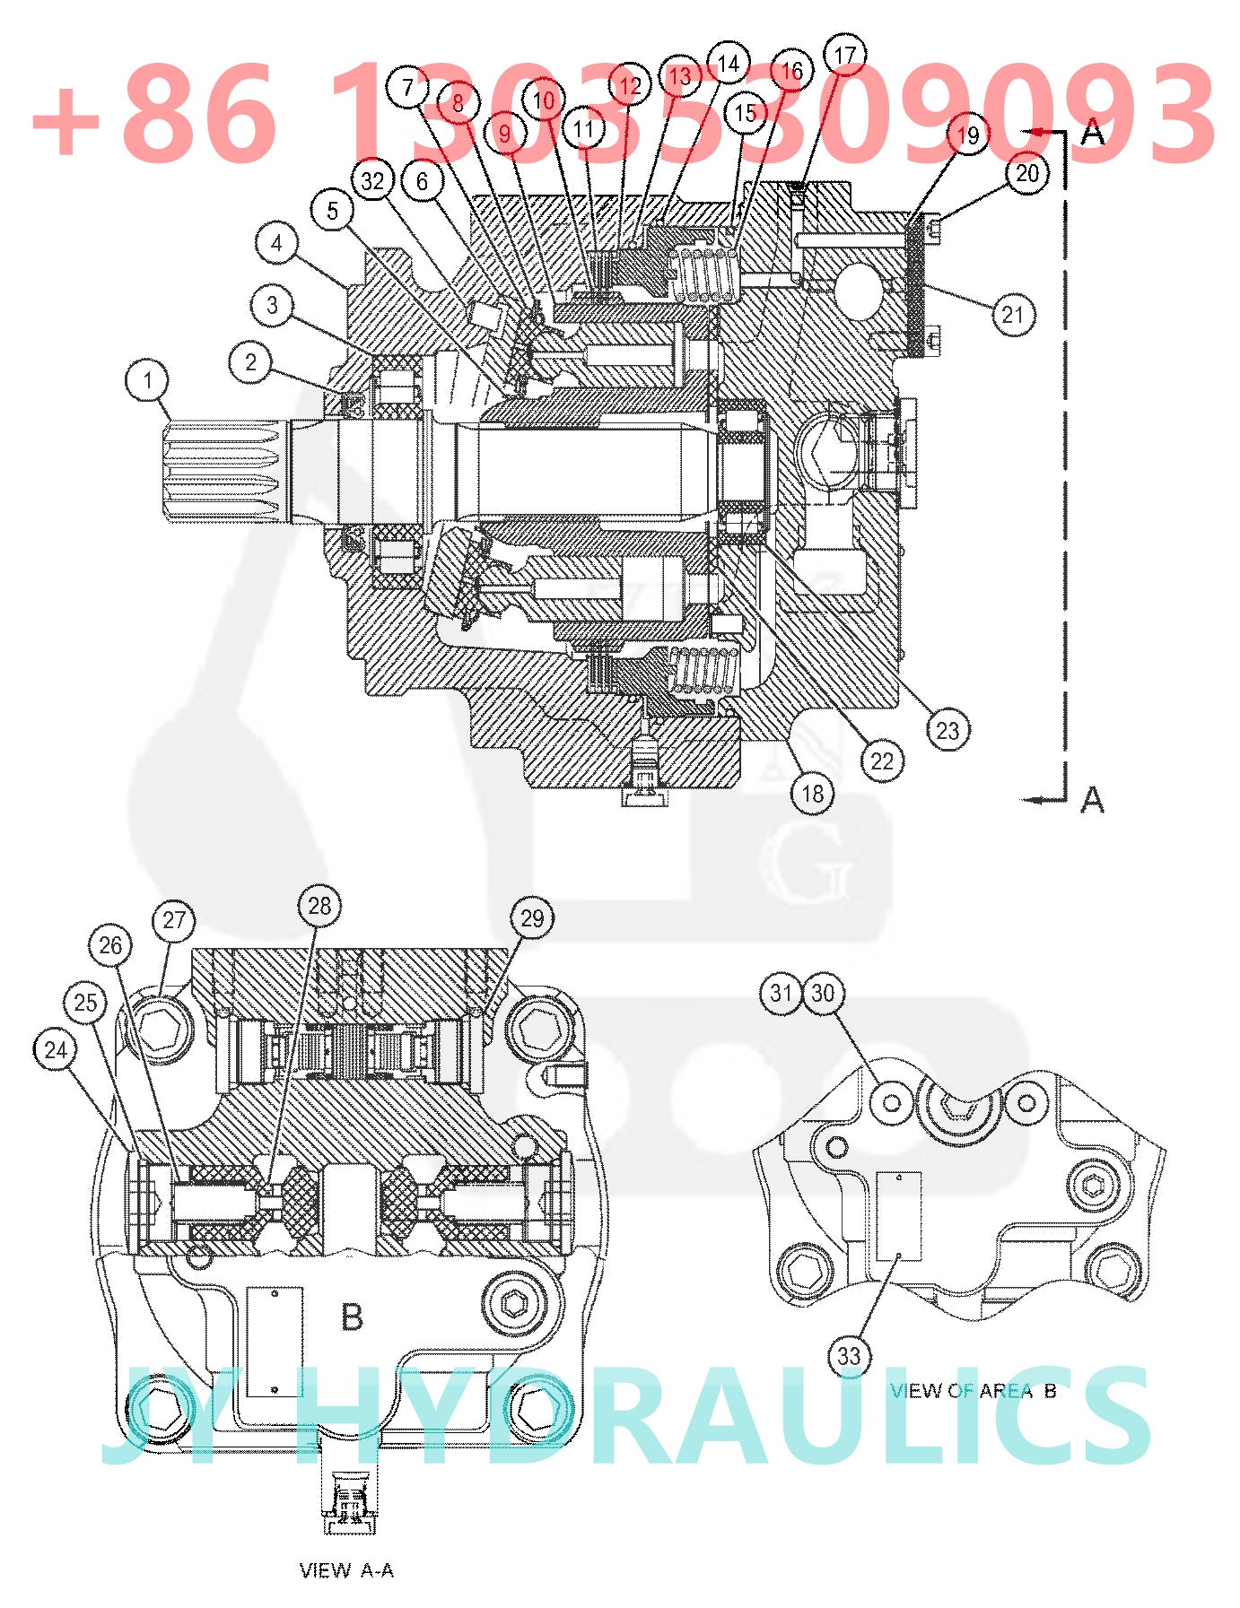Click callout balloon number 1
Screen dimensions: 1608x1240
pos(147,380)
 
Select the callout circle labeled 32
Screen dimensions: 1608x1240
pos(372,181)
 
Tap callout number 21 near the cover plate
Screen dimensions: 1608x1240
pos(1013,315)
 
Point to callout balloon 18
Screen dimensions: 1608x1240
pos(812,794)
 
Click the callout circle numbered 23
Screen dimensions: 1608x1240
pos(947,730)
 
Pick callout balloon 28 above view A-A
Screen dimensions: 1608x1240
pos(319,906)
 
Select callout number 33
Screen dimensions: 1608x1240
pos(849,1356)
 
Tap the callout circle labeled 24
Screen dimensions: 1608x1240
pos(56,1050)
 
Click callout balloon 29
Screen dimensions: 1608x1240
pos(532,918)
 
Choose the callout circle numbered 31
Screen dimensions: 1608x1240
pos(781,993)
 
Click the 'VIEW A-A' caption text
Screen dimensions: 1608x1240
pos(346,1570)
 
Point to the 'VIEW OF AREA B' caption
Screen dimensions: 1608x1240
pos(974,1391)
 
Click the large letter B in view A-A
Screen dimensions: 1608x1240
pos(352,1317)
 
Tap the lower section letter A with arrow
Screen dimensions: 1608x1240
pos(1091,798)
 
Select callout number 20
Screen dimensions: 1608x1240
pos(1027,173)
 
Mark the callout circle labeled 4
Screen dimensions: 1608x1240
pos(276,243)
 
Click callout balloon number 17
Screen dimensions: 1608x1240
pos(844,56)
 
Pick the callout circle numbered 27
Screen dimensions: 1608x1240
pos(174,920)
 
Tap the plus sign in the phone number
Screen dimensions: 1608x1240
pos(67,121)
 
